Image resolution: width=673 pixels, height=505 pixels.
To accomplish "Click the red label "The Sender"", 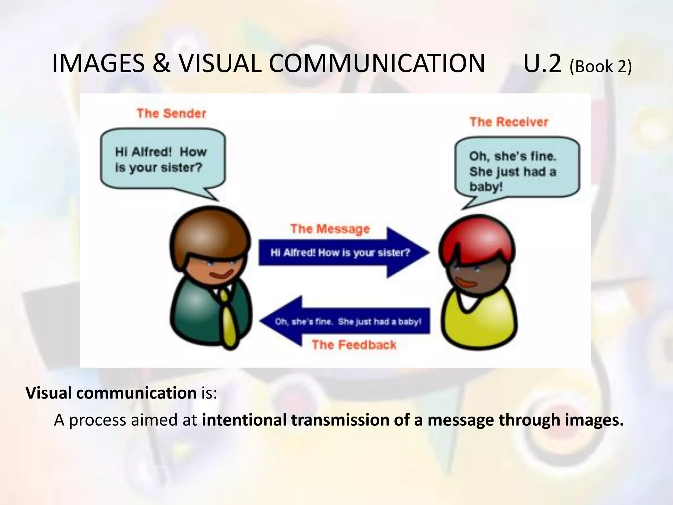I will [171, 113].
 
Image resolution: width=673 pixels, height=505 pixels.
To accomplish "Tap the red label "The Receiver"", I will [509, 122].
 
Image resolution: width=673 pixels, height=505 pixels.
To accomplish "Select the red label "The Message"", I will [330, 229].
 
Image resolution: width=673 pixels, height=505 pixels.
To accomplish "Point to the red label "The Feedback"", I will [354, 345].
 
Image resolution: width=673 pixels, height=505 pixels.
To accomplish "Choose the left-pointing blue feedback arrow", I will [345, 321].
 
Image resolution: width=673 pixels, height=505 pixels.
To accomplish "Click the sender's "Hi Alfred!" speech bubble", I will [163, 160].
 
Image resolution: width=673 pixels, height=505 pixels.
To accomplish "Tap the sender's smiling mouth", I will [222, 274].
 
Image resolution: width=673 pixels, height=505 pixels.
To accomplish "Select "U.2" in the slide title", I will [543, 63].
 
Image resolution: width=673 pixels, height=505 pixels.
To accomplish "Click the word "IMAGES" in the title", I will [98, 63].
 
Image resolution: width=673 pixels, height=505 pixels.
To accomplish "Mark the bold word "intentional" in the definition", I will [244, 420].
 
